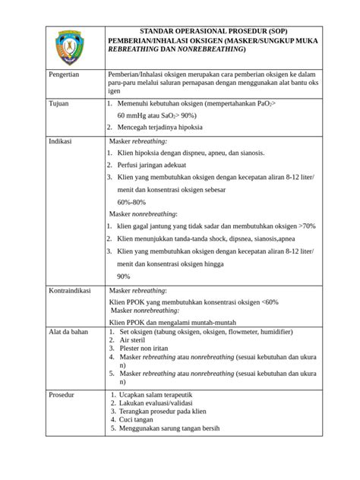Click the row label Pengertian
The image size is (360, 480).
(65, 77)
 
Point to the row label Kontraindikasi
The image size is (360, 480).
(71, 291)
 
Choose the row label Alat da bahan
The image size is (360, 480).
(69, 332)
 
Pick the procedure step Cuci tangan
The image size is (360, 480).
(141, 419)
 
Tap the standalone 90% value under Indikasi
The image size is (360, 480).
(124, 276)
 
